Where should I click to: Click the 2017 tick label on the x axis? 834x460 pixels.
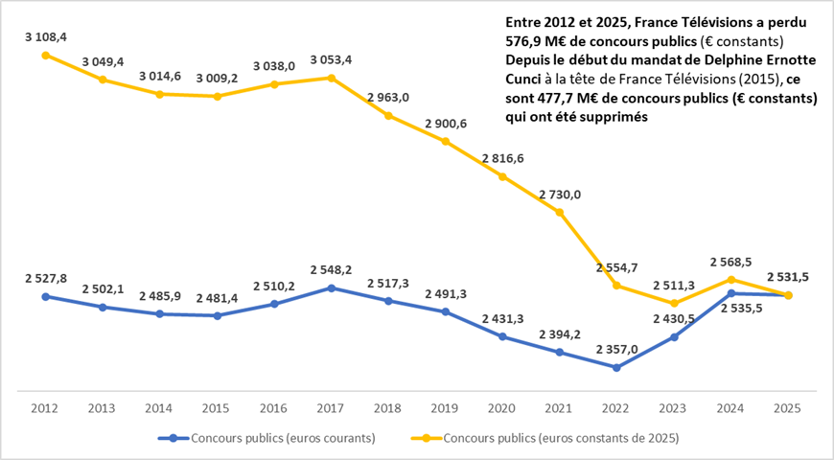coord(331,408)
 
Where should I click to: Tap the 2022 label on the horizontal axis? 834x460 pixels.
coord(616,408)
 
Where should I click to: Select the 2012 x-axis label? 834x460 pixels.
coord(45,408)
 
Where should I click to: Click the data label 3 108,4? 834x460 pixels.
coord(45,37)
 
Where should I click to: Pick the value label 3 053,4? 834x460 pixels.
coord(331,59)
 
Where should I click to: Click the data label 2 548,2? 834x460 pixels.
coord(331,269)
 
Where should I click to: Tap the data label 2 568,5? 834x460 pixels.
coord(730,260)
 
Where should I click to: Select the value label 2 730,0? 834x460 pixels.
coord(560,194)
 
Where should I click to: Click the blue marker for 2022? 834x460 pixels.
coord(616,367)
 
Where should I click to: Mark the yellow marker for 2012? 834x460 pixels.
coord(45,55)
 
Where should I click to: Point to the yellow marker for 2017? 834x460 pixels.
coord(331,78)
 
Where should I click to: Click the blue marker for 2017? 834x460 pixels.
coord(331,287)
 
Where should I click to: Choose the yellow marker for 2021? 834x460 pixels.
coord(560,212)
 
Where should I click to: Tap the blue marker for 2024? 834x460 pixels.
coord(730,293)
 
